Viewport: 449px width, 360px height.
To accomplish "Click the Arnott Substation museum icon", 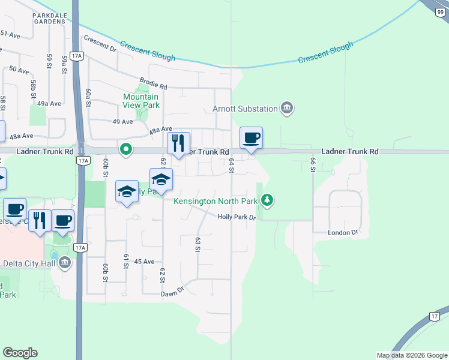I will point(287,109).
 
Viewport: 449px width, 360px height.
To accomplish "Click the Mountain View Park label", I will point(141,101).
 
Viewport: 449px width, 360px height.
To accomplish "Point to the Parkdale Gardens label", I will point(41,17).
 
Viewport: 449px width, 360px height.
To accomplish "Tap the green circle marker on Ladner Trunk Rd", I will point(125,149).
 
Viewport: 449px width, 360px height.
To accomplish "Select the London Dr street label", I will point(343,232).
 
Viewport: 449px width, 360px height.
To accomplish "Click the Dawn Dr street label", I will point(172,293).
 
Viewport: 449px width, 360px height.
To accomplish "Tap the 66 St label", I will point(313,165).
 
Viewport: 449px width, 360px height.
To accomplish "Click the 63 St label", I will point(197,244).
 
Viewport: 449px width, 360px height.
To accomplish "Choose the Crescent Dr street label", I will point(100,43).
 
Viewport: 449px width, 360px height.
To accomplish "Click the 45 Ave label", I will point(144,262).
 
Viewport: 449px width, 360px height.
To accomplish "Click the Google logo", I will point(20,353).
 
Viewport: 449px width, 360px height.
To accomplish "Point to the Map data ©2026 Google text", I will point(412,355).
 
